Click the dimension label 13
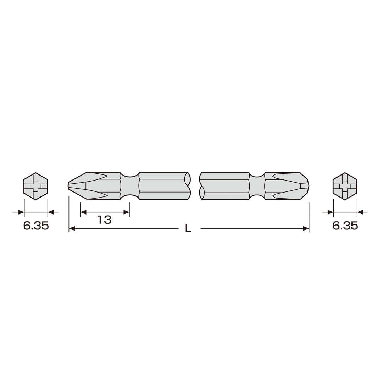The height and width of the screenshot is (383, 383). (105, 220)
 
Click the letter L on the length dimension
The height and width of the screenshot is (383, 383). (188, 229)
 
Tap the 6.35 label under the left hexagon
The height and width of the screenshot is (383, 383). (36, 226)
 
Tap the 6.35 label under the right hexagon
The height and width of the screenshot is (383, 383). (345, 226)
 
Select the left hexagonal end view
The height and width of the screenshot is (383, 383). (36, 187)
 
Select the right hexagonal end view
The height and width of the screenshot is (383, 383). (345, 187)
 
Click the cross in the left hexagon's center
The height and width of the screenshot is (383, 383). (36, 187)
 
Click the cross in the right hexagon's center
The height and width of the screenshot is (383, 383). (345, 187)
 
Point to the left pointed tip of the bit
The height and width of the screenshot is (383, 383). (68, 186)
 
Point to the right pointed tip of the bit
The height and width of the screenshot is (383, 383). (309, 186)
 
